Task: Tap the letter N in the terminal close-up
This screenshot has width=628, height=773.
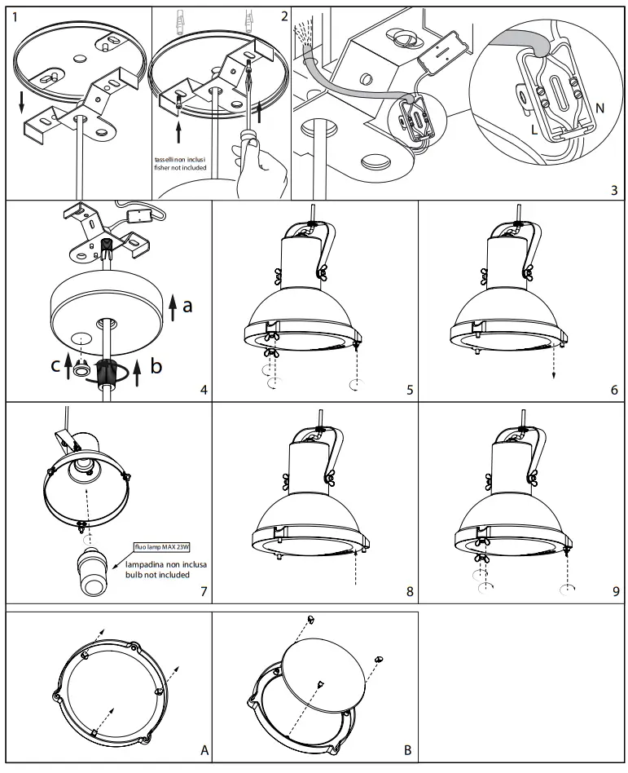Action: tap(599, 107)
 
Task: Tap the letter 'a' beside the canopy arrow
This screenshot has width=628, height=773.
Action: tap(187, 307)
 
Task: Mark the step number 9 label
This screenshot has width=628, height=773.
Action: tap(615, 590)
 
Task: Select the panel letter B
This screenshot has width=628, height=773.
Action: tap(406, 748)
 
